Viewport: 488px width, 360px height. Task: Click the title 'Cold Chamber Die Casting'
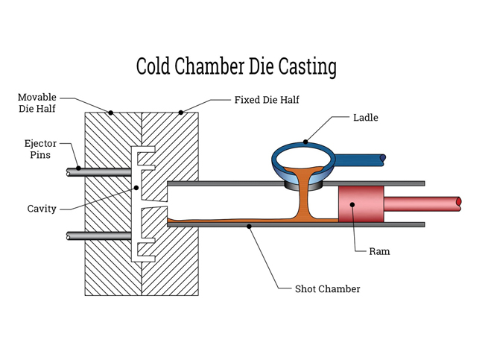pyautogui.click(x=236, y=66)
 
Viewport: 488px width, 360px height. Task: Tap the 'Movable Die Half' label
pyautogui.click(x=37, y=103)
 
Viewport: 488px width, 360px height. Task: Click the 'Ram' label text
pyautogui.click(x=379, y=251)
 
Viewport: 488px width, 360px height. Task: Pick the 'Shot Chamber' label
pyautogui.click(x=328, y=288)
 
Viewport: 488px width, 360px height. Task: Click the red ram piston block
pyautogui.click(x=361, y=203)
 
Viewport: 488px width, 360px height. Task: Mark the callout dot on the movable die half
pyautogui.click(x=110, y=113)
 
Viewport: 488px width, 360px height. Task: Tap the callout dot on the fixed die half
pyautogui.click(x=181, y=113)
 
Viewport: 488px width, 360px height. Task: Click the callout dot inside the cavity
pyautogui.click(x=136, y=188)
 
